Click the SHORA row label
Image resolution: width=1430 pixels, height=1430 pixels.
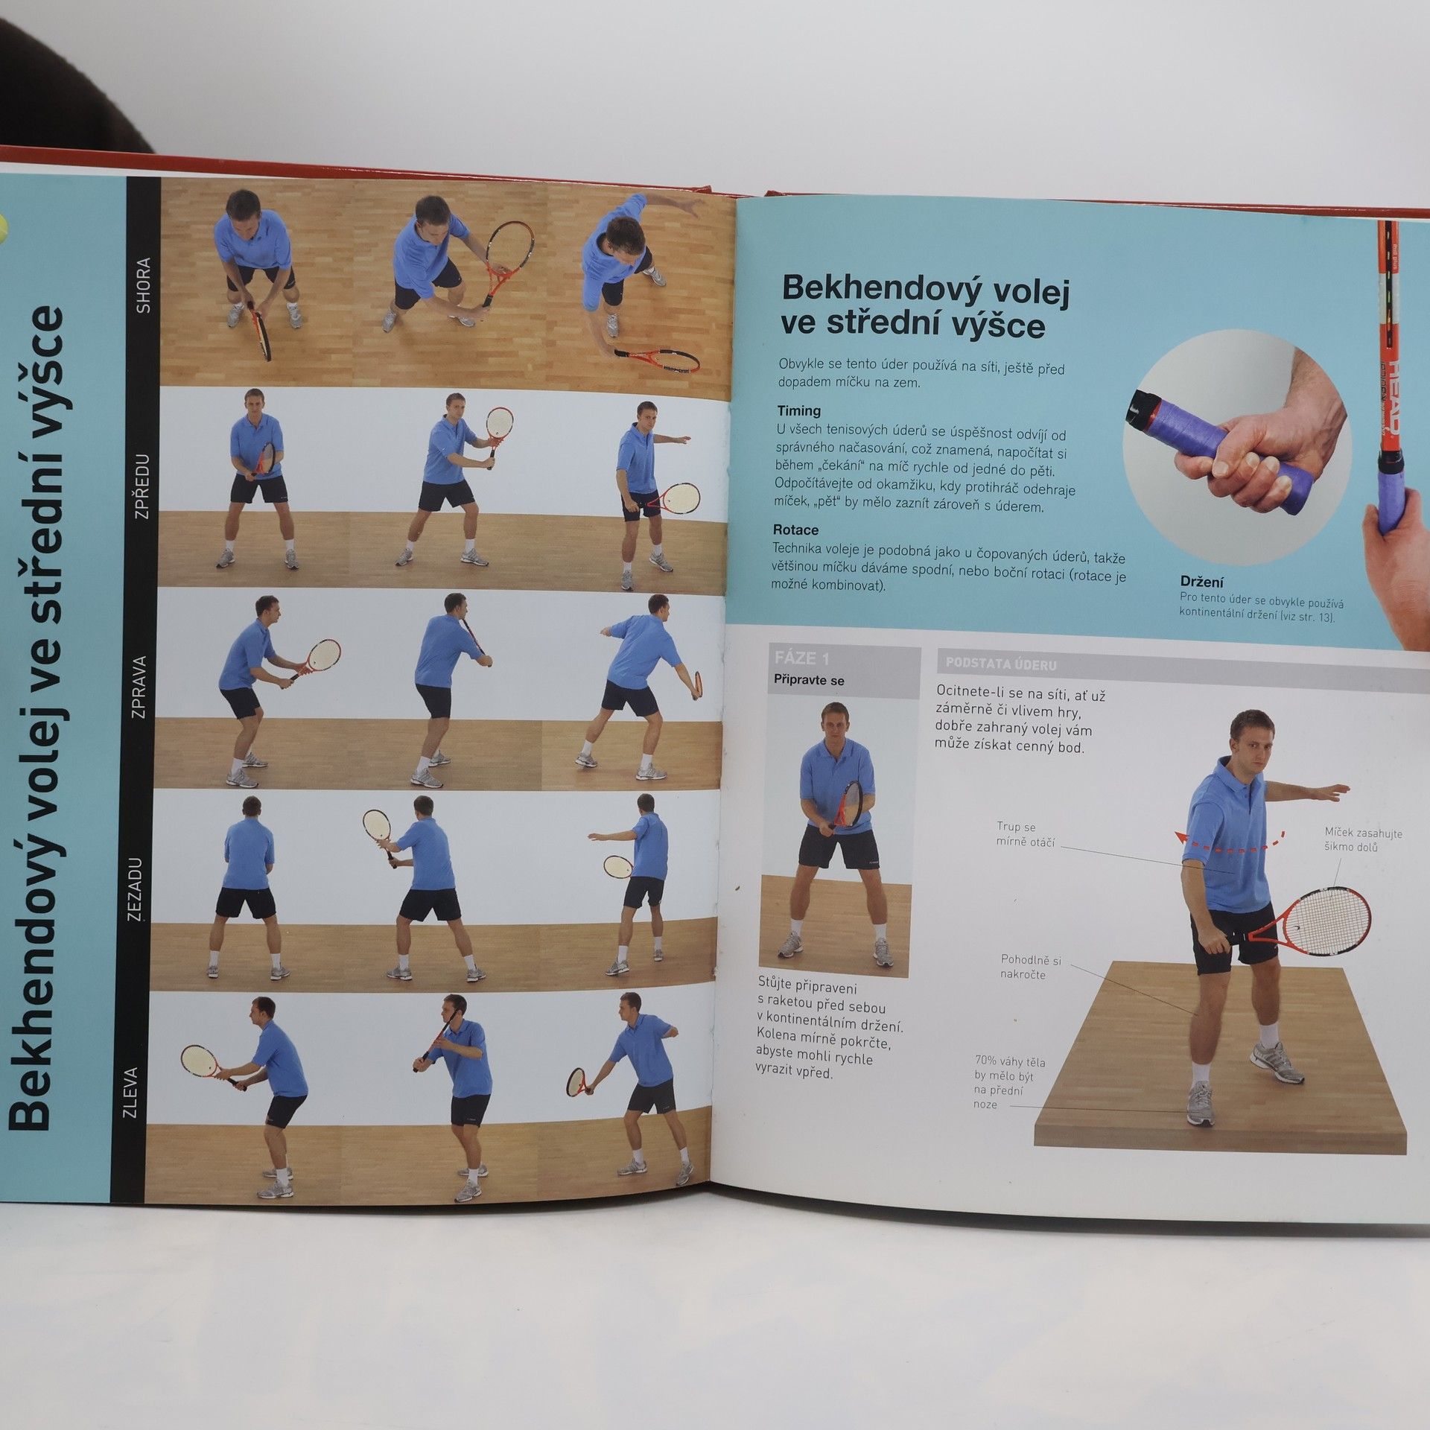tap(144, 285)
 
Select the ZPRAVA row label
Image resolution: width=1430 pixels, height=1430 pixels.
tap(139, 687)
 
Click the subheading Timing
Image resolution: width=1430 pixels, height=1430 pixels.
tap(799, 411)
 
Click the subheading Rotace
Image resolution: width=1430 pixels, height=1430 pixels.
tap(795, 530)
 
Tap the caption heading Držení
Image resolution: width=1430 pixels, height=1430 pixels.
tap(1201, 582)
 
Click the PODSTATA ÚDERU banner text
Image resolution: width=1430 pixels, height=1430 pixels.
tap(1000, 664)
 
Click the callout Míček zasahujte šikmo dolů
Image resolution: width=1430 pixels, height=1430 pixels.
tap(1362, 840)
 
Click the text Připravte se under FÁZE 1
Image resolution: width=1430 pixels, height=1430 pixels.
tap(809, 680)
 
